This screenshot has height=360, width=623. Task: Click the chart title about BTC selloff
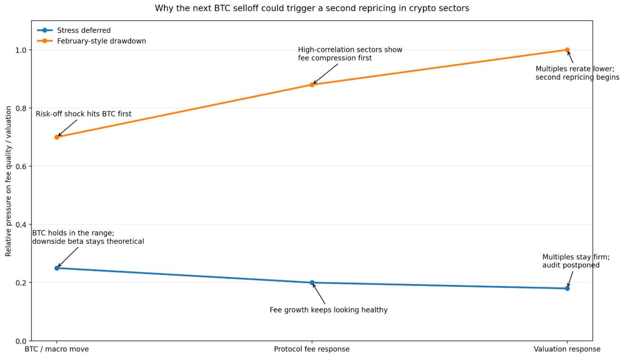311,9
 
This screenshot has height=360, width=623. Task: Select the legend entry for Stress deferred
83,30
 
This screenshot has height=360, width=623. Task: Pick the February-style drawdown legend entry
101,41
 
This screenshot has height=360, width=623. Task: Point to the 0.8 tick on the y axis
22,108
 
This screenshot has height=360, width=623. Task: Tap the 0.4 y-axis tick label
22,225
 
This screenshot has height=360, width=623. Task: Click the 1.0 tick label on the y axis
22,50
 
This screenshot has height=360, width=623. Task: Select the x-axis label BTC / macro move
57,349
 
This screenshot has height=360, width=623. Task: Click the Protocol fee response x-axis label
312,349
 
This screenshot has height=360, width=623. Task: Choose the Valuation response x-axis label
567,349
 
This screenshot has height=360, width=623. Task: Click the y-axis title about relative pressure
9,182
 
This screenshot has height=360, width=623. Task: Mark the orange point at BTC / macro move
57,137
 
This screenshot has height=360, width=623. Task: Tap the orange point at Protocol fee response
312,85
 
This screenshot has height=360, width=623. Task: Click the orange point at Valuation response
567,50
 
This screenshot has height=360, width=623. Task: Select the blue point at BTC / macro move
57,268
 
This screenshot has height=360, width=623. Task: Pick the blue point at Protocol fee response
312,283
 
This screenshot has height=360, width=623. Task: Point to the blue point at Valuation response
567,288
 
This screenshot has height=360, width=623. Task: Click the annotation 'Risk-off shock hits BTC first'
84,114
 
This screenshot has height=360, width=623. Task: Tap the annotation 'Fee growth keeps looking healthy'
328,310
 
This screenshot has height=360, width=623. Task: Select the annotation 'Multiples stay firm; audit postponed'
575,261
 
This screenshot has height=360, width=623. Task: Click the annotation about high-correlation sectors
350,54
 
